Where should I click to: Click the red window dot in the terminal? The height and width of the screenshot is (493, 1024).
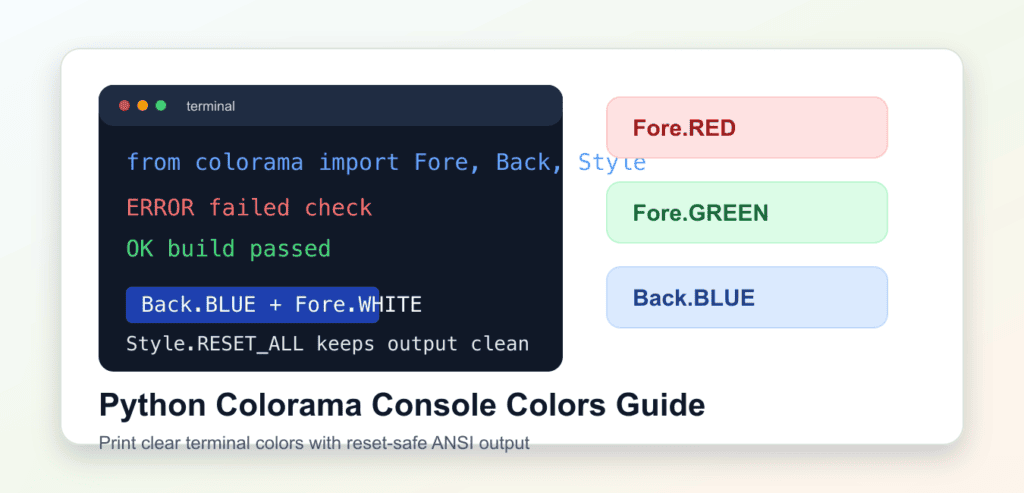(124, 106)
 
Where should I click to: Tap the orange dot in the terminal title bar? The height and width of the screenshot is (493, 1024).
(142, 106)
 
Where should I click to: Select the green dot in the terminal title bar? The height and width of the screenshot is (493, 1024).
(161, 106)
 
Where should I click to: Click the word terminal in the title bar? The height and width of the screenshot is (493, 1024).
(210, 106)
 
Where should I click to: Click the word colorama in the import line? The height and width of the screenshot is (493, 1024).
(249, 163)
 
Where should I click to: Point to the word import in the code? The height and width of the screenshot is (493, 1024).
(359, 163)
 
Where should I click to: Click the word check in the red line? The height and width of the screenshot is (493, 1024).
(338, 208)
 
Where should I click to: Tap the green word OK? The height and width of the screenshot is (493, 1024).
(140, 249)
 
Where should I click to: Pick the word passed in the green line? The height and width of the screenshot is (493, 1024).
(291, 249)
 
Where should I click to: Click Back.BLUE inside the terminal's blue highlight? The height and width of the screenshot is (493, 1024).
(199, 305)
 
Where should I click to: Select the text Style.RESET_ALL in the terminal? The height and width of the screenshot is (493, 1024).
(215, 344)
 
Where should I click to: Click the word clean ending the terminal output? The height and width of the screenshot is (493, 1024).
(500, 344)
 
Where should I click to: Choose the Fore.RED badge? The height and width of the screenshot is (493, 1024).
(747, 127)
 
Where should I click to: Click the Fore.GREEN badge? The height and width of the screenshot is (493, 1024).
(747, 212)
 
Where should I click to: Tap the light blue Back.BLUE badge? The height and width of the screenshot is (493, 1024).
(747, 297)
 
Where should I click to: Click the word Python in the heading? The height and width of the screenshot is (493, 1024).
(152, 406)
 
